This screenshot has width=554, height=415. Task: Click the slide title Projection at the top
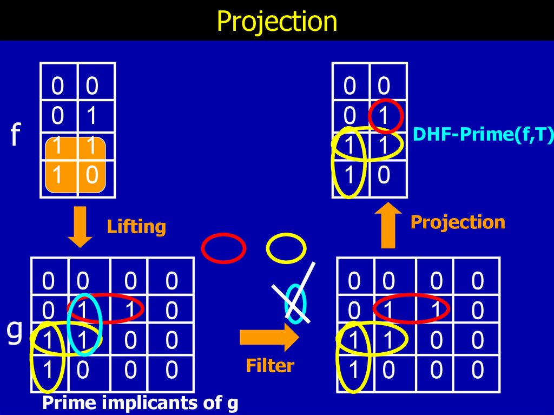click(x=277, y=21)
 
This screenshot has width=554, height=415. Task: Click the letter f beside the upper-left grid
click(x=15, y=134)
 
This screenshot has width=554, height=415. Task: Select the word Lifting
click(x=136, y=227)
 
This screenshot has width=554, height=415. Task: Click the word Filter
click(x=270, y=365)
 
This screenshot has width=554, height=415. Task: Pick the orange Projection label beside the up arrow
click(x=458, y=222)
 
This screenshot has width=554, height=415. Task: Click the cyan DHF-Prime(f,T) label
click(x=483, y=134)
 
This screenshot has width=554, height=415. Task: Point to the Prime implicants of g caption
click(x=140, y=403)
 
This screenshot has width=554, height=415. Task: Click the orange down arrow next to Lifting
click(x=80, y=227)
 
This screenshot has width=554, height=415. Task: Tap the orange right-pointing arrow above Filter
click(x=269, y=337)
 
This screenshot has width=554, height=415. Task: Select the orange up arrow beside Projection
click(x=388, y=225)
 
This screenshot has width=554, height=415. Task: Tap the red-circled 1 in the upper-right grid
click(x=384, y=116)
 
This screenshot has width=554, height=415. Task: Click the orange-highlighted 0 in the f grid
click(x=92, y=175)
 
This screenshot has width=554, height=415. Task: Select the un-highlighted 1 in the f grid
click(x=91, y=116)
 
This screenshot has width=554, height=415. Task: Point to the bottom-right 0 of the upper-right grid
click(x=384, y=175)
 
